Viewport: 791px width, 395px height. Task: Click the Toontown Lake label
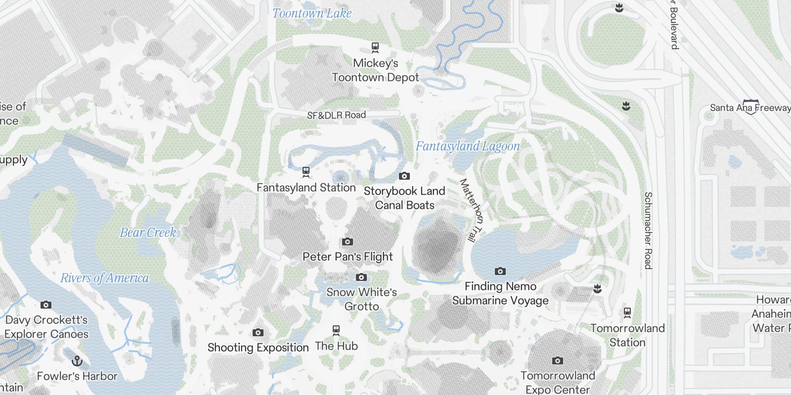(312, 13)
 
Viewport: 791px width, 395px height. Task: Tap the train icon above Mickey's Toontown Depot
(375, 47)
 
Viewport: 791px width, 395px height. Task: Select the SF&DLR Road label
(336, 115)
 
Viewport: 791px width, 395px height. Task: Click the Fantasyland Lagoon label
(468, 146)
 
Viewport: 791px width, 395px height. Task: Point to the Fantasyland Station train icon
(306, 172)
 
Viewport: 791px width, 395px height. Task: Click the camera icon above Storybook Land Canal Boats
(404, 176)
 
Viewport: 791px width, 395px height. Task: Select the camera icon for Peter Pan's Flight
(348, 241)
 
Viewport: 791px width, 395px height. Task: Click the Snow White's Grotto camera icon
(361, 277)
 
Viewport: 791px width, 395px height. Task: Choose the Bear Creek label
(148, 233)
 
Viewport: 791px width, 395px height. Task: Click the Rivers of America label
(104, 278)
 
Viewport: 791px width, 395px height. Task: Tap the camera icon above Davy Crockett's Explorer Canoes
(46, 305)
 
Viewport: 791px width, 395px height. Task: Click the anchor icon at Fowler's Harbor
(77, 360)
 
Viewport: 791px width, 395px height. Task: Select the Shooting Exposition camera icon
(258, 332)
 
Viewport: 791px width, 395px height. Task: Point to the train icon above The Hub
(336, 330)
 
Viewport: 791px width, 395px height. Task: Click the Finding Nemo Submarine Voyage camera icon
(500, 271)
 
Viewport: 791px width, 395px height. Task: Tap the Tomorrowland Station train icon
(627, 312)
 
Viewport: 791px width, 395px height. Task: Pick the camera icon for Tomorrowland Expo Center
(558, 360)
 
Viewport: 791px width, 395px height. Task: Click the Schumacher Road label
(648, 230)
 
